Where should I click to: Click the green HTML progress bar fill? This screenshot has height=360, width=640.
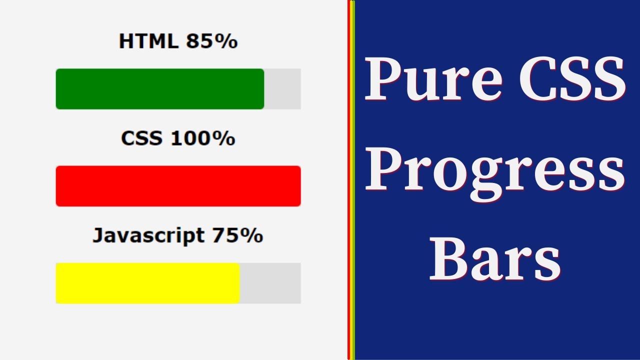pos(159,89)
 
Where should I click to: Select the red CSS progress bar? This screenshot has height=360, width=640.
pos(178,186)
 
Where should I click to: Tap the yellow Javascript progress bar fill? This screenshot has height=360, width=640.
pos(147,283)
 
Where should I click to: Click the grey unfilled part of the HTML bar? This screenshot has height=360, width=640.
pos(282,89)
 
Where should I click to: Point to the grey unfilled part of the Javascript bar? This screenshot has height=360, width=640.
pos(270,283)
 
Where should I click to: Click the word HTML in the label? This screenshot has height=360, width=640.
pos(148,41)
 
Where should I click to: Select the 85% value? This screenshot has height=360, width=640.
pos(211,41)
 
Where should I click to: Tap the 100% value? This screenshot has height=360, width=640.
pos(202,138)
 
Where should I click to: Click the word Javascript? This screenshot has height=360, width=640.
pos(148,235)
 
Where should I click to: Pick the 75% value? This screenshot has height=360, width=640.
pos(237,235)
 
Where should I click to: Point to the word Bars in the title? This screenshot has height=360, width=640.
pos(495,260)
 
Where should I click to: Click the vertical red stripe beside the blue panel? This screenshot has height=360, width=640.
pos(349,180)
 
